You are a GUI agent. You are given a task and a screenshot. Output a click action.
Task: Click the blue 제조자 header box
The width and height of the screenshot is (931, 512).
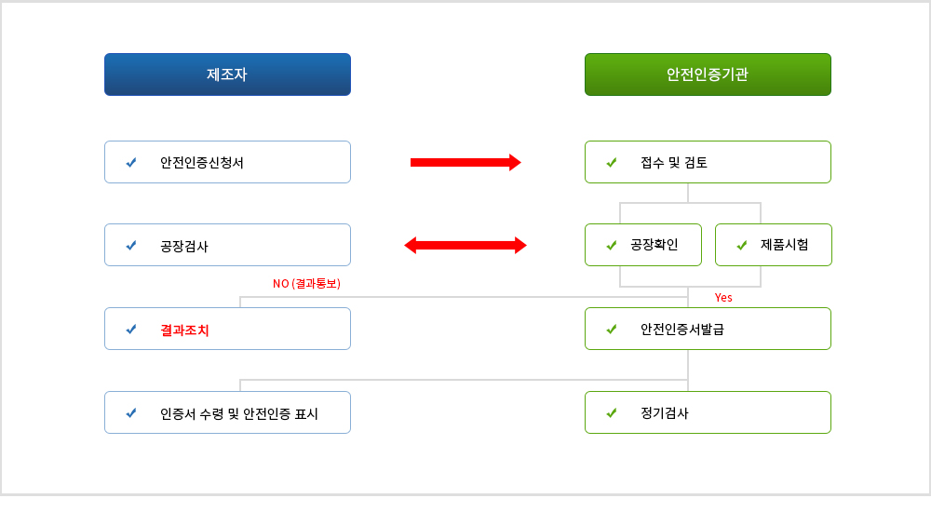[227, 74]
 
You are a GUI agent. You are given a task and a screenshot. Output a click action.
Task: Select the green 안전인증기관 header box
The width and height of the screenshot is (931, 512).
[708, 74]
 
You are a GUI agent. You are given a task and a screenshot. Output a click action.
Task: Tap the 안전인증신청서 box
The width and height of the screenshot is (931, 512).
[227, 162]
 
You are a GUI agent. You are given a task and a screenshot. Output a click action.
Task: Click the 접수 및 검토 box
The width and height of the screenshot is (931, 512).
[708, 162]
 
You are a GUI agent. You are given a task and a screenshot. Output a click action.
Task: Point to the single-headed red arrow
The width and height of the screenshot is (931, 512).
[465, 162]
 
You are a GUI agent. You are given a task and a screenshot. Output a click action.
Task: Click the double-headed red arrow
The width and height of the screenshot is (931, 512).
[465, 246]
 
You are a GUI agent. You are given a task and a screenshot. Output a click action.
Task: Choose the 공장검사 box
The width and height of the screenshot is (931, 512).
[227, 245]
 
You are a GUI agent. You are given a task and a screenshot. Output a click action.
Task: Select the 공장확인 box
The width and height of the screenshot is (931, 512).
[643, 245]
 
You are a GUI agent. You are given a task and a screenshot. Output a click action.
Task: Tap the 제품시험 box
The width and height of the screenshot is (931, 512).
[774, 245]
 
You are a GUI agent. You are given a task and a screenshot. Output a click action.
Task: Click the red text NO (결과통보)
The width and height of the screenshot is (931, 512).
[306, 283]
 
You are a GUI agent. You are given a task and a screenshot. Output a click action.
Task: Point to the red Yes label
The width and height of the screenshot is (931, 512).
[723, 298]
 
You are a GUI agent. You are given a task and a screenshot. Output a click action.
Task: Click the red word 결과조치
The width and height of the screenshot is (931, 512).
[184, 330]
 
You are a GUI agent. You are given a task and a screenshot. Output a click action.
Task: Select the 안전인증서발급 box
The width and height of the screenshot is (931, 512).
[708, 329]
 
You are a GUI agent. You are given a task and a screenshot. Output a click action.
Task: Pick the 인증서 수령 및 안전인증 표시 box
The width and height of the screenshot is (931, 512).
[227, 412]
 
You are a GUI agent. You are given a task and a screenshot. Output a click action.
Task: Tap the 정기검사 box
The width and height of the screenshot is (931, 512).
[708, 412]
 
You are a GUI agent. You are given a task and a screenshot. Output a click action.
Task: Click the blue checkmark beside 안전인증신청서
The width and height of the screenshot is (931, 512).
[131, 162]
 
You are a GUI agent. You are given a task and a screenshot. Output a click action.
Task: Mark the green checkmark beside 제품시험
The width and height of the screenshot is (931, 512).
[742, 245]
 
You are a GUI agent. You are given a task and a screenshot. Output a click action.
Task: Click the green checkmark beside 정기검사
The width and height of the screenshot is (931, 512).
[612, 412]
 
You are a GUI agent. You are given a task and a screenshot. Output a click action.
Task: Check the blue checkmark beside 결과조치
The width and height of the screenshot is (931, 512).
[131, 329]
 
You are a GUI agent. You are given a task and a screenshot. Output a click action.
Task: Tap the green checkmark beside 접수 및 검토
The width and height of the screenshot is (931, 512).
[612, 162]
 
